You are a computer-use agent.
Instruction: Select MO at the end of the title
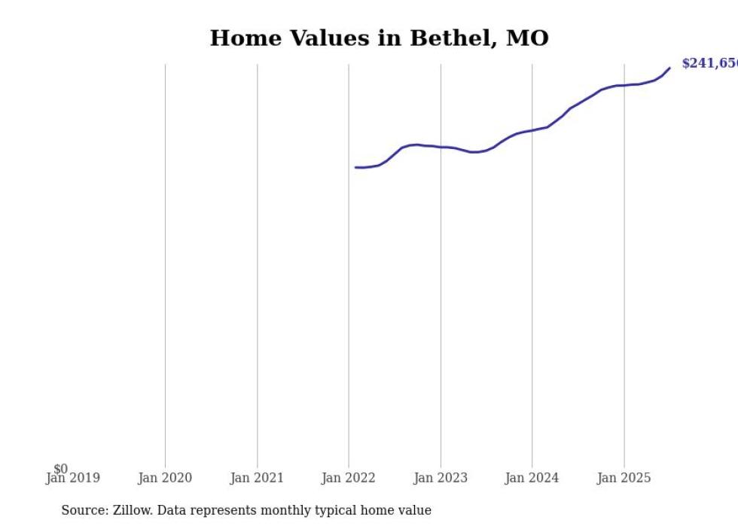[527, 38]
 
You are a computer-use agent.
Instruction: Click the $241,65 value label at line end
[709, 63]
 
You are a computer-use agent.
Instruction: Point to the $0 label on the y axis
[60, 469]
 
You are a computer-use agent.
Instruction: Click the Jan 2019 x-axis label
[72, 478]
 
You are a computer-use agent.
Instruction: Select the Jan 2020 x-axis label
[165, 478]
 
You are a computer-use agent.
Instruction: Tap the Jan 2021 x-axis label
[257, 478]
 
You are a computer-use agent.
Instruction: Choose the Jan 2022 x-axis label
[349, 478]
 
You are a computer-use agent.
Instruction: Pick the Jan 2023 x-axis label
[441, 478]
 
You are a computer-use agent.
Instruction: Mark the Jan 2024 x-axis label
[532, 478]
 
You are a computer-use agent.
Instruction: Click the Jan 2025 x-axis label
[624, 478]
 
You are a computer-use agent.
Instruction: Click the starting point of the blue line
[355, 167]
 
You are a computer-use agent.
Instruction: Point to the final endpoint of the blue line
[669, 68]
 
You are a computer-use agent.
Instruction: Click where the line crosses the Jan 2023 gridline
[441, 147]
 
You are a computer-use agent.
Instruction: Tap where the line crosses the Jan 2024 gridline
[532, 130]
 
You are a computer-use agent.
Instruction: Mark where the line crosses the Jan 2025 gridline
[624, 85]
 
